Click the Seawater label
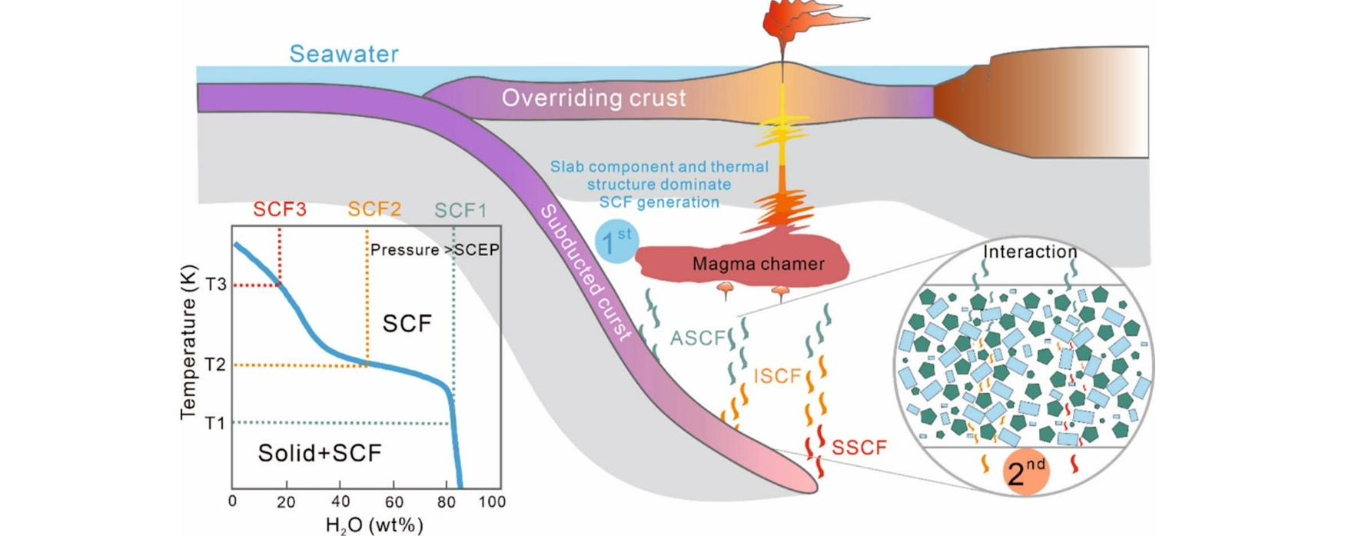pyautogui.click(x=344, y=54)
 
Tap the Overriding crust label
pyautogui.click(x=593, y=98)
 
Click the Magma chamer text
pyautogui.click(x=758, y=264)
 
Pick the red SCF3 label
pyautogui.click(x=280, y=209)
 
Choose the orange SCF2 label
pyautogui.click(x=374, y=209)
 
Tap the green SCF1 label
pyautogui.click(x=460, y=210)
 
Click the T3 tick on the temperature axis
pyautogui.click(x=216, y=285)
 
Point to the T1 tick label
pyautogui.click(x=215, y=423)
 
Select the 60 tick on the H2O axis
pyautogui.click(x=394, y=502)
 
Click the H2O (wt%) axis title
pyautogui.click(x=374, y=525)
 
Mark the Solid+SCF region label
pyautogui.click(x=319, y=453)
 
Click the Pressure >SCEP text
pyautogui.click(x=434, y=250)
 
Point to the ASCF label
pyautogui.click(x=697, y=338)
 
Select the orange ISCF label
pyautogui.click(x=777, y=376)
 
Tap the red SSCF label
pyautogui.click(x=859, y=448)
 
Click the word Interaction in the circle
pyautogui.click(x=1030, y=252)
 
